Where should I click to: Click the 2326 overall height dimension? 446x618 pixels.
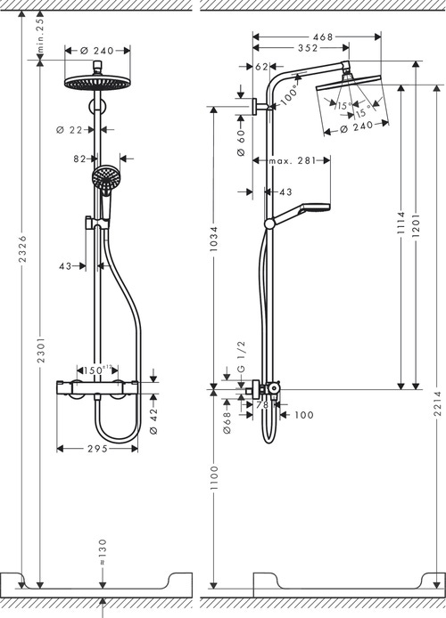22,241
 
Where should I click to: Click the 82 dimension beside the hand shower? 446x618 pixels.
80,159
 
